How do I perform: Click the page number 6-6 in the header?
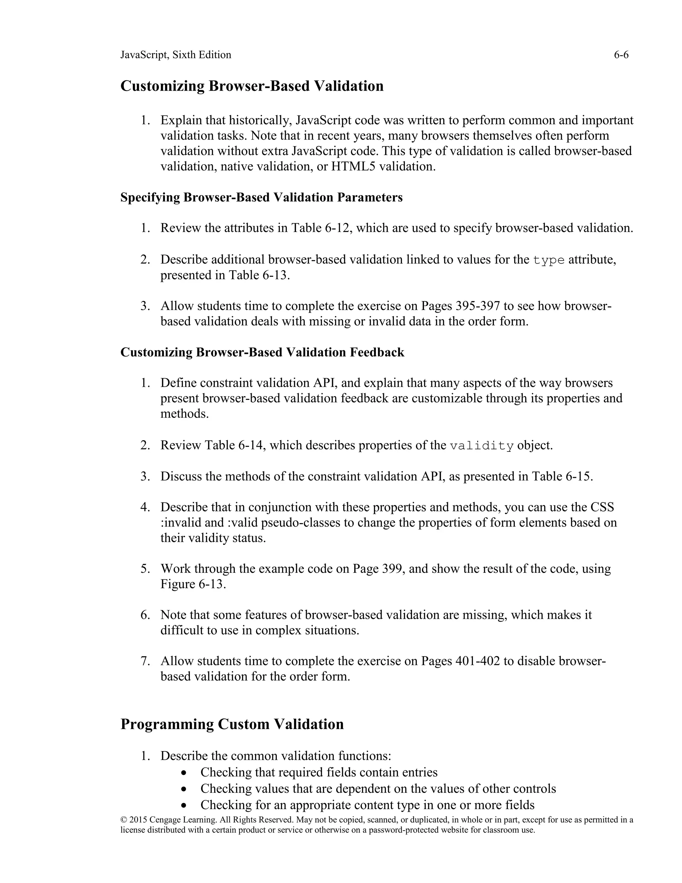coord(621,55)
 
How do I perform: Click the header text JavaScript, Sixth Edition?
coord(176,55)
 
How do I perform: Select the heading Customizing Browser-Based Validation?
coord(252,86)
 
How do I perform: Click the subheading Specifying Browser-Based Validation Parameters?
coord(261,197)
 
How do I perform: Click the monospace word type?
coord(548,260)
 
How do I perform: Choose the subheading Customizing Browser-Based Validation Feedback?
coord(262,352)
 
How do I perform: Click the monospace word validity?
coord(482,446)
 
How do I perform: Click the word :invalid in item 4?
coord(180,523)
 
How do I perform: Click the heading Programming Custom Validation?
coord(232,724)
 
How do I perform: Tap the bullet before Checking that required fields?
coord(184,773)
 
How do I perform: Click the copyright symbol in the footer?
coord(124,820)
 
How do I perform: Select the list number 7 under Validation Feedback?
coord(145,661)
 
